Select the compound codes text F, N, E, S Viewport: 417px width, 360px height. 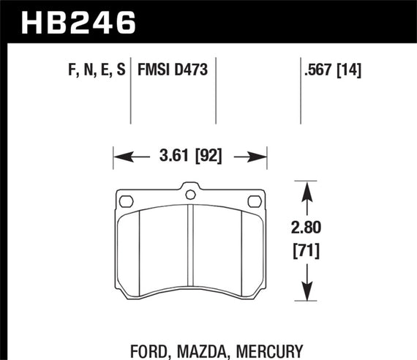pos(92,71)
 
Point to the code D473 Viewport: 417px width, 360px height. pos(191,71)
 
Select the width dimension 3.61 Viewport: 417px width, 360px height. pos(173,155)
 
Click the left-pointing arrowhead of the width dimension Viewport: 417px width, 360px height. pos(120,155)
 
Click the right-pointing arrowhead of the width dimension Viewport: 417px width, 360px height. pos(260,155)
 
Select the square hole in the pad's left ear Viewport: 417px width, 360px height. pos(125,200)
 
